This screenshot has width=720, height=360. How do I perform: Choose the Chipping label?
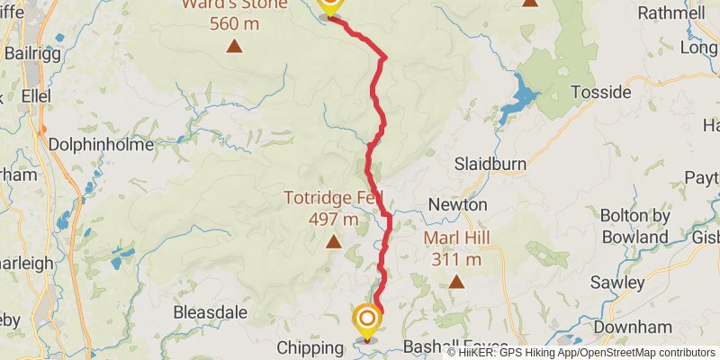click(310, 347)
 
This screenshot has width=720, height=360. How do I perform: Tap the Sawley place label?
click(617, 282)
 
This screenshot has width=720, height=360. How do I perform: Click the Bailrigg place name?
click(31, 53)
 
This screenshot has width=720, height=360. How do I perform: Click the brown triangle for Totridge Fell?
click(334, 241)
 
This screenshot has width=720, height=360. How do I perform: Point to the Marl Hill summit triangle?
click(456, 282)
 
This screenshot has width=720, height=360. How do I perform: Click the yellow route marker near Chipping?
click(366, 319)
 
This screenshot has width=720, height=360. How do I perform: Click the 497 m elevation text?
click(333, 219)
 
